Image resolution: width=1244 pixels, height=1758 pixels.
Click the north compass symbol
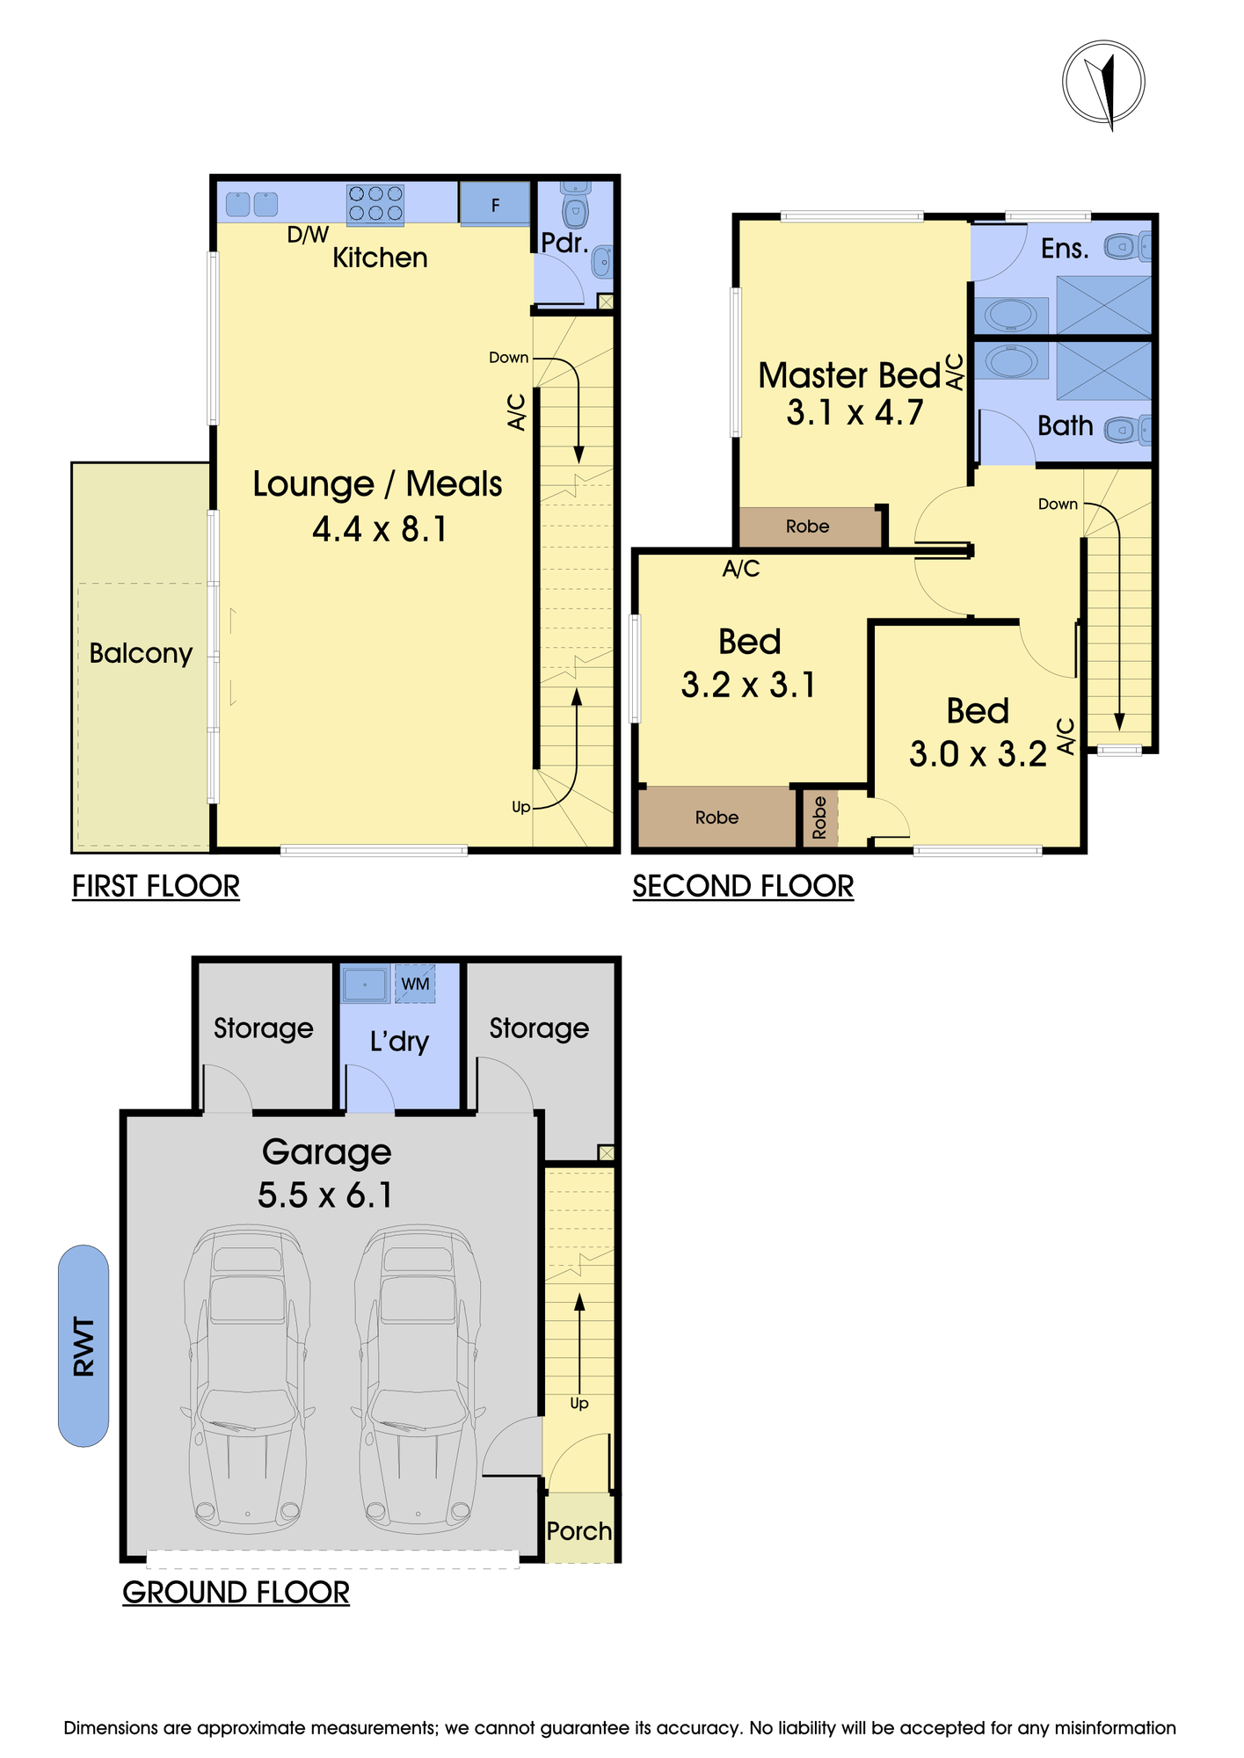coord(1103,83)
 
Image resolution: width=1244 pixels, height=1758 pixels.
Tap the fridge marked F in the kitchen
coord(495,204)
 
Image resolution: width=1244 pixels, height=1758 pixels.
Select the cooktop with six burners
coord(375,204)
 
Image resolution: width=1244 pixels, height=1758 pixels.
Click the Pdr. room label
coord(564,243)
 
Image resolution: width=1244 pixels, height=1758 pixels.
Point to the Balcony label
coord(141,653)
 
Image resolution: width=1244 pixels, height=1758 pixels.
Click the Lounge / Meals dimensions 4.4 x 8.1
coord(380,529)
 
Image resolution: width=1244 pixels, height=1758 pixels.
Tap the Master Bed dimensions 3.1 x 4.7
coord(855,412)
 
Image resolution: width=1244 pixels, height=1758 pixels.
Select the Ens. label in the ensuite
coord(1065,249)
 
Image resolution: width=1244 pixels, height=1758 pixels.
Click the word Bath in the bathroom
coord(1066,425)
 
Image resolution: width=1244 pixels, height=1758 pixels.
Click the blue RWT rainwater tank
coord(84,1346)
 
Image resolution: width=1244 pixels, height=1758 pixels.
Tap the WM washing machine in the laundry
coord(415,984)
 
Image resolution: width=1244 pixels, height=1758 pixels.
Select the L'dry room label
coord(399,1042)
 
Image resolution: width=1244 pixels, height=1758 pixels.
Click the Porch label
coord(579,1531)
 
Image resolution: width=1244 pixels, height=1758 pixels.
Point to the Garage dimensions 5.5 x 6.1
coord(325,1195)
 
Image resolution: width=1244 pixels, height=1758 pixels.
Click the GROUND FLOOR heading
coord(236,1592)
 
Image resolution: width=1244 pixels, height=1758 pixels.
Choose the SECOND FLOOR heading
coord(743,886)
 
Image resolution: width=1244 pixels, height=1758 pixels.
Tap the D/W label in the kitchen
coord(308,235)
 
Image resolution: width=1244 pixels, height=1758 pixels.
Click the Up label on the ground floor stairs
coord(578,1403)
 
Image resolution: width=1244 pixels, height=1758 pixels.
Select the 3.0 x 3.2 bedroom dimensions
coord(978,754)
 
